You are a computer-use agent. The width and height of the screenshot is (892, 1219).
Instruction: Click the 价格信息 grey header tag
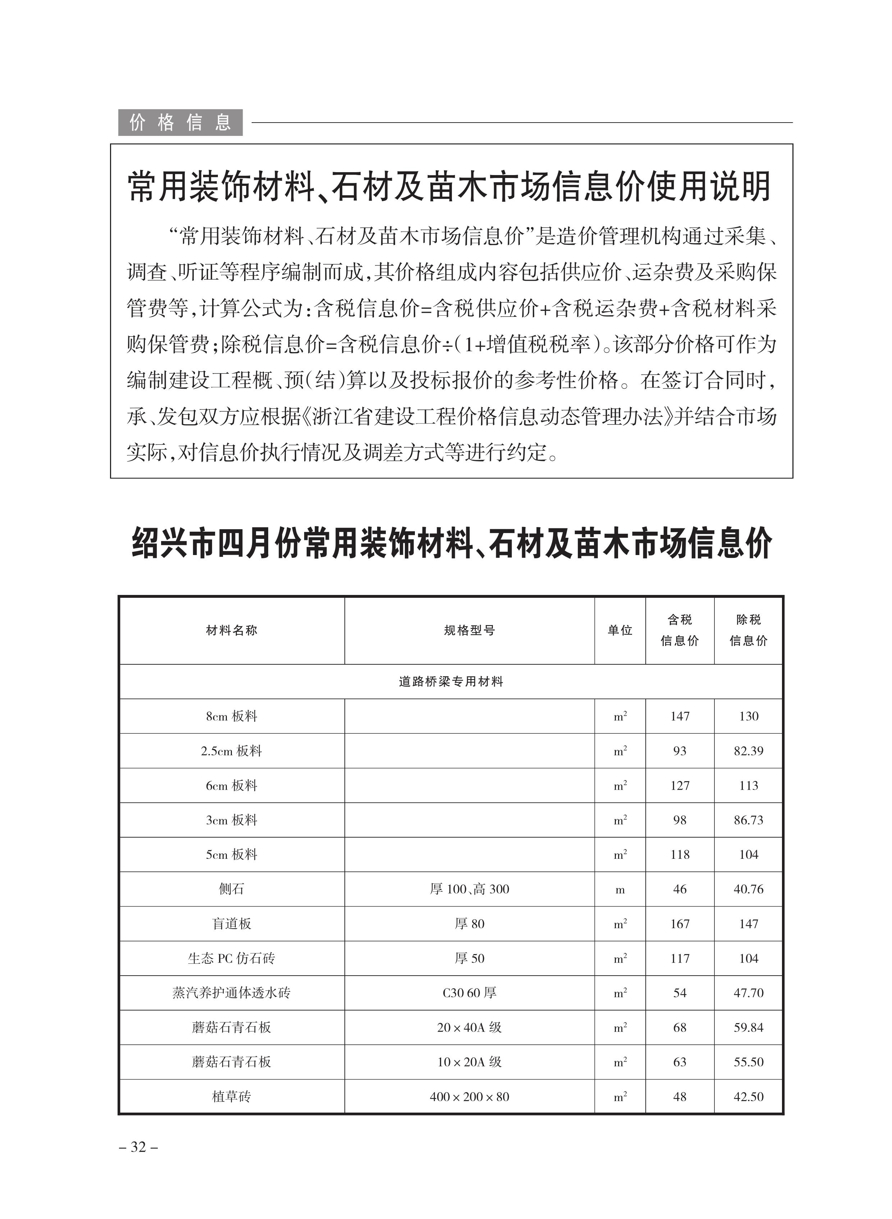pyautogui.click(x=180, y=123)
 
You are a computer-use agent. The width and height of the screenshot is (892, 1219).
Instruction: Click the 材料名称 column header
pyautogui.click(x=232, y=630)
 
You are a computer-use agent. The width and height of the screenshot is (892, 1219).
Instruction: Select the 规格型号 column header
pyautogui.click(x=469, y=630)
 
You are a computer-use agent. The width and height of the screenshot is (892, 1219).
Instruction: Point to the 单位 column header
pyautogui.click(x=620, y=630)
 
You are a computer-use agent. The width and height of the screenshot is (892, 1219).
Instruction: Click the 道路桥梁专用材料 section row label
pyautogui.click(x=451, y=681)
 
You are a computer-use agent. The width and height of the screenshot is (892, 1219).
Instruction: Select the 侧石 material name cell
pyautogui.click(x=232, y=889)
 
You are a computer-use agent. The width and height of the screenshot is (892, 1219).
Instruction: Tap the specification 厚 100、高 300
pyautogui.click(x=469, y=889)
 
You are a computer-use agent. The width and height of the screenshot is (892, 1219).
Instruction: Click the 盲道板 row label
pyautogui.click(x=232, y=924)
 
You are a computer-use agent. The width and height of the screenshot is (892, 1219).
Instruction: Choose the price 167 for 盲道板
pyautogui.click(x=680, y=924)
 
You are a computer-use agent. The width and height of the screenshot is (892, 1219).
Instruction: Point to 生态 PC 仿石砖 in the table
pyautogui.click(x=232, y=958)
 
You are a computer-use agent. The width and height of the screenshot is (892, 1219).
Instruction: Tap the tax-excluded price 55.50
pyautogui.click(x=749, y=1062)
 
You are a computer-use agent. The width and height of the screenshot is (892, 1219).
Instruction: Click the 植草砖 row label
pyautogui.click(x=232, y=1096)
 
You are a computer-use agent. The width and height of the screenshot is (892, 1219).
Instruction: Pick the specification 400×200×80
pyautogui.click(x=469, y=1096)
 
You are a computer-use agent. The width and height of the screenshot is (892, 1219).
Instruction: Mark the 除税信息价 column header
pyautogui.click(x=749, y=630)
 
